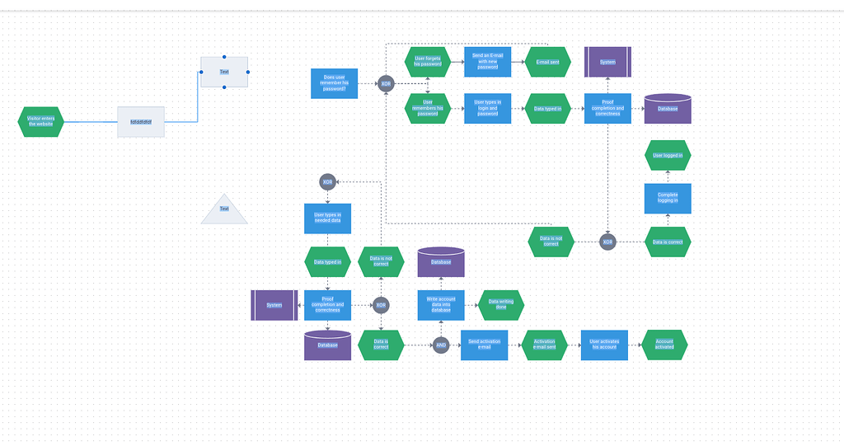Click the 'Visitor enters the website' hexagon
click(40, 121)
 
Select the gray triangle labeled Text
click(224, 210)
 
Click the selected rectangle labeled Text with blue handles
click(224, 72)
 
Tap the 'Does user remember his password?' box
click(334, 83)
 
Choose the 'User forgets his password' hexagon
click(428, 62)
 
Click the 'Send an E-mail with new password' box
click(487, 62)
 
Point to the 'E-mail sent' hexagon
click(547, 62)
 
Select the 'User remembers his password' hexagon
click(428, 108)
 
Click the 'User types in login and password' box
click(487, 108)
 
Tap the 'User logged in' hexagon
click(668, 155)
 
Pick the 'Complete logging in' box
click(668, 199)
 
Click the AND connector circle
click(441, 345)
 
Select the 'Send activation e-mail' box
click(484, 345)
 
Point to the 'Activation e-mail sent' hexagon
click(544, 345)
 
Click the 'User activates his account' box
click(604, 345)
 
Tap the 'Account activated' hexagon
click(664, 345)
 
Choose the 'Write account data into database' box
click(441, 305)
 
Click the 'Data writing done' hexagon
click(501, 305)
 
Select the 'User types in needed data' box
click(327, 218)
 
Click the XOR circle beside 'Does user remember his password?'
click(386, 83)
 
